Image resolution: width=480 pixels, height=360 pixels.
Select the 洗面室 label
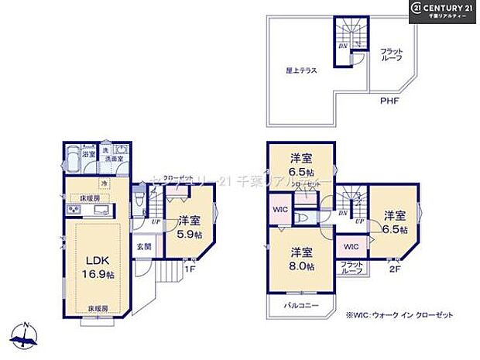[115, 158]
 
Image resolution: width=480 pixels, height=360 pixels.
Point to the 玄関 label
[144, 247]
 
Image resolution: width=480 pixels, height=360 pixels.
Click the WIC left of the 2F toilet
[279, 209]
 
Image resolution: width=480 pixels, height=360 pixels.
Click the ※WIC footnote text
[399, 315]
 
